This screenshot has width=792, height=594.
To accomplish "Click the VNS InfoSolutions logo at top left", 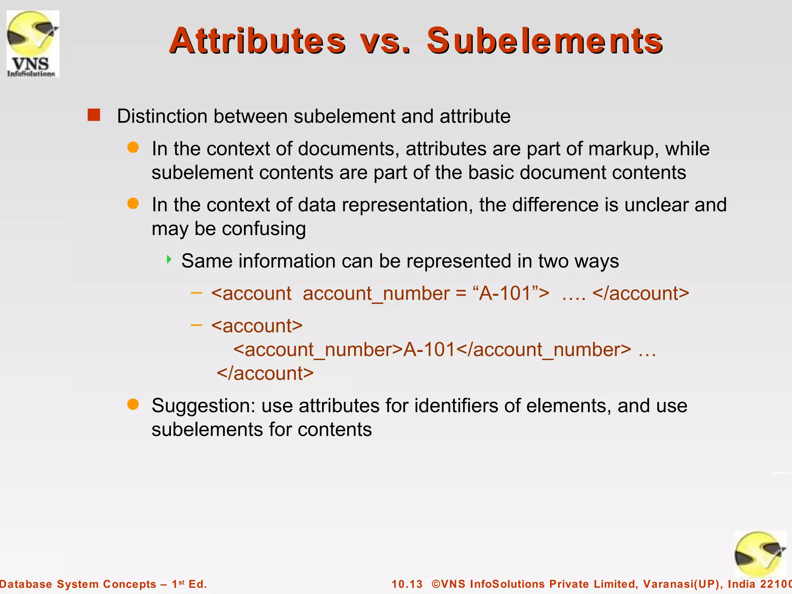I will tap(33, 44).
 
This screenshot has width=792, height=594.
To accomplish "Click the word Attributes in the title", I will tap(257, 41).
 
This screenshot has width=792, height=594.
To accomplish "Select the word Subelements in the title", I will tap(544, 41).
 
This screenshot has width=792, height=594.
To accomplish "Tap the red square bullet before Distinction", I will tap(94, 115).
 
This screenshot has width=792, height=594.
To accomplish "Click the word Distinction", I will tap(162, 116).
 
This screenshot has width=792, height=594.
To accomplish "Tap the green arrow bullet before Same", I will tap(169, 259).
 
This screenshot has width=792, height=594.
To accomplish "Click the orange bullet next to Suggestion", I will tap(133, 405).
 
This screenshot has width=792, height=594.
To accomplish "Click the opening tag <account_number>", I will tap(318, 350).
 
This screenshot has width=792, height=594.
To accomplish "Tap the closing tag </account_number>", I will tap(544, 350).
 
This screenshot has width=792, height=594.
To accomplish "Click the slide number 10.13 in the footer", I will tap(407, 584).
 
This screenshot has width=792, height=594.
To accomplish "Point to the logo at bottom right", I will tap(760, 555).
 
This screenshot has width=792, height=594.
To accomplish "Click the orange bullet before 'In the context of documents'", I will tap(133, 148).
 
